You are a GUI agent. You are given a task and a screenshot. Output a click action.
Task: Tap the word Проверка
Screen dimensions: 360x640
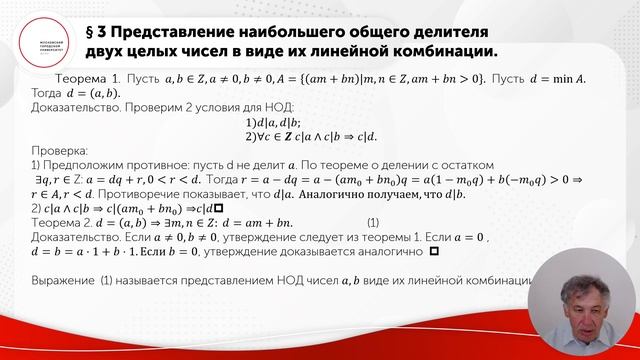[60, 149]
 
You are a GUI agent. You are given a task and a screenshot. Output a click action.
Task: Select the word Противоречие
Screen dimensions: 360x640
[165, 192]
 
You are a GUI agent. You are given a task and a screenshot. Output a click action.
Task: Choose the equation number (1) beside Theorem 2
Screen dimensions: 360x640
[372, 221]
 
